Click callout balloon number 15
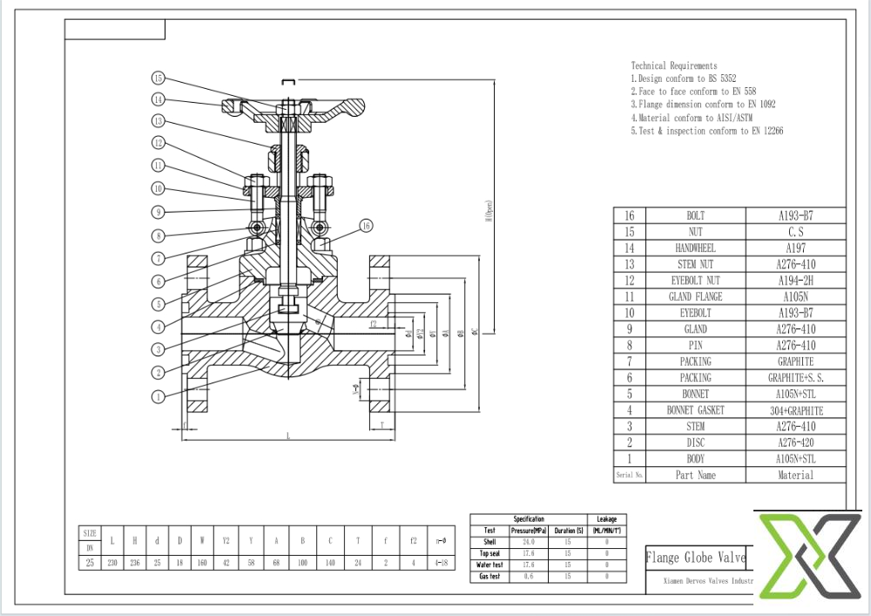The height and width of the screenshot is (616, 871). pos(158,78)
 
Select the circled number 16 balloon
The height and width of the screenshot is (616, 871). pos(366,226)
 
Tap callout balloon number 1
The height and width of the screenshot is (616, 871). pos(158,396)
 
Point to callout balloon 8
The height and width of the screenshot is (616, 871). pos(158,235)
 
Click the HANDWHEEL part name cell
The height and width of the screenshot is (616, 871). pos(695,248)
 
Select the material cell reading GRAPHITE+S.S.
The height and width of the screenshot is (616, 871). pos(795,378)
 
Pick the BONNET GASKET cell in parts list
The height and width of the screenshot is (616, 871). pos(695,410)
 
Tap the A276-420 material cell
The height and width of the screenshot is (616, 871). pos(795,443)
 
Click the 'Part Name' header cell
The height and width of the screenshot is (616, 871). pos(695,476)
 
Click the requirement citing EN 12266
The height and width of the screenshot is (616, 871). pos(706,131)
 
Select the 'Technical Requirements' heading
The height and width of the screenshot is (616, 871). pos(674,65)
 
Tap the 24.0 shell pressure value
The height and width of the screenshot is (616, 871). pos(528,542)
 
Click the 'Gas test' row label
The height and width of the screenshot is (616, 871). pos(490,577)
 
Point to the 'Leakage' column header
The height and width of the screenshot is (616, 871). pos(606,519)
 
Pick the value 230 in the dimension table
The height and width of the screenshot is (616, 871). pos(112,563)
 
